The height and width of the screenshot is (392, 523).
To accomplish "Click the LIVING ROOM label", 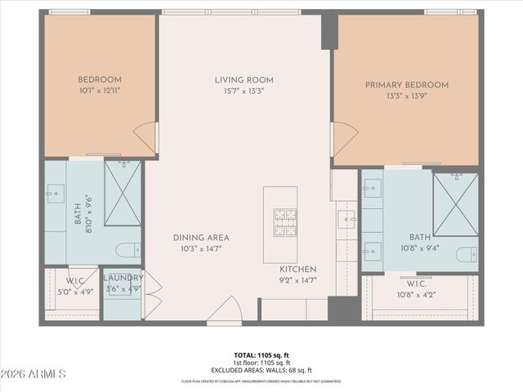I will coord(244,80).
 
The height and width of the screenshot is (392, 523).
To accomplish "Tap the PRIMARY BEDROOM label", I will coord(406,85).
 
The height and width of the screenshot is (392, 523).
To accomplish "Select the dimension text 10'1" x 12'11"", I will coord(99,91).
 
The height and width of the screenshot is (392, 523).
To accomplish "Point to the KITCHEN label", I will coord(297,269).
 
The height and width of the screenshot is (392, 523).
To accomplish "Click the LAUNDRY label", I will coord(123,278).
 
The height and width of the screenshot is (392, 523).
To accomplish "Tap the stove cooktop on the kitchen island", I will coord(285,218).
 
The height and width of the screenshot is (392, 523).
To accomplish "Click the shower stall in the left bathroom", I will coord(123,193).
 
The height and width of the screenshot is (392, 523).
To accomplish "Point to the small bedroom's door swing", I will coord(146,136).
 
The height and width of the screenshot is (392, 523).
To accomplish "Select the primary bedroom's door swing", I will coord(342,139).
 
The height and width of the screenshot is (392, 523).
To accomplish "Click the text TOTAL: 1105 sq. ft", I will coord(261,355).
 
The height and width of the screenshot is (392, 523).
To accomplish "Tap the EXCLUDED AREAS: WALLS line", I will coord(261,371).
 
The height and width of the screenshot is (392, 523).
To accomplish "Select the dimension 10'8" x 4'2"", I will coord(418,295).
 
